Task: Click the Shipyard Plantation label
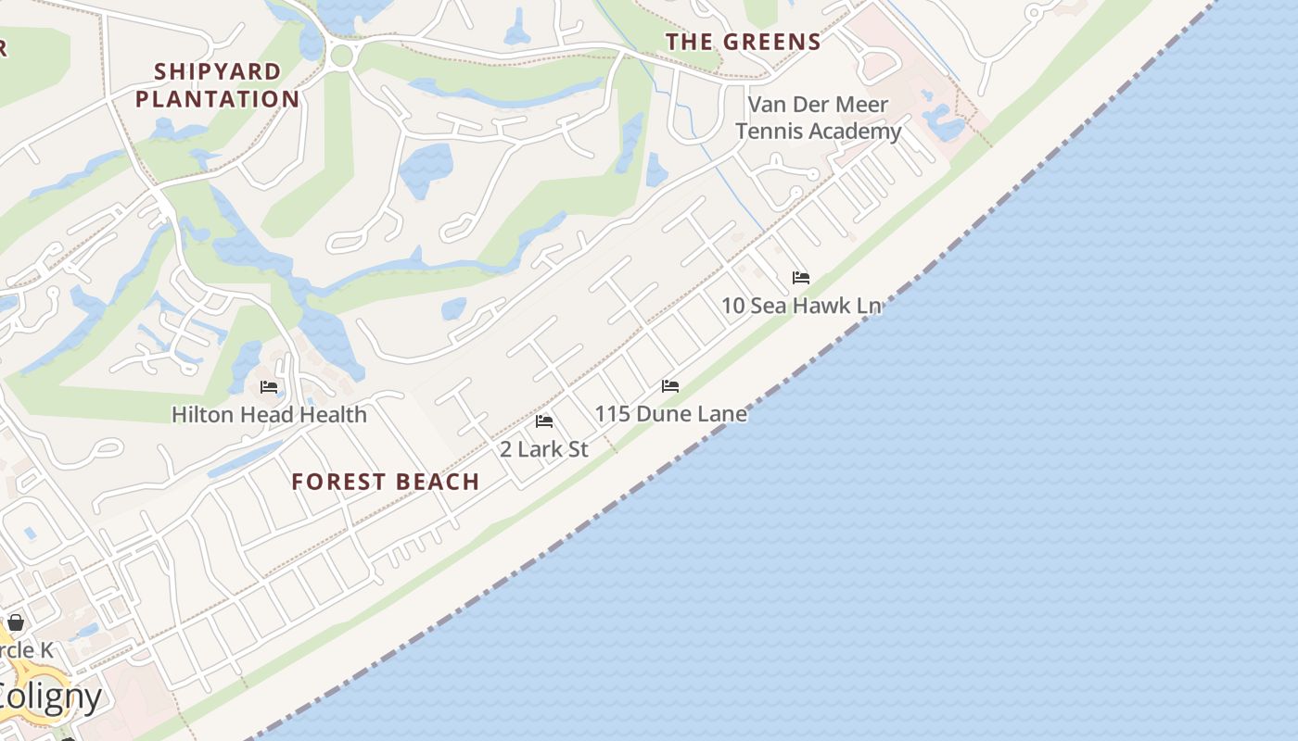[x=218, y=85]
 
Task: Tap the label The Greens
[x=744, y=42]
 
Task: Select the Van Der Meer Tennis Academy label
[x=818, y=118]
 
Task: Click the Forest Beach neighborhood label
[x=385, y=482]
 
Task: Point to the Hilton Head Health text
[x=269, y=414]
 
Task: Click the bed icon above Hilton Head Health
[x=269, y=386]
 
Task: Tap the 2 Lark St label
[x=544, y=449]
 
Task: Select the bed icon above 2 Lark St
[x=544, y=421]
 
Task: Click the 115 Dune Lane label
[x=670, y=413]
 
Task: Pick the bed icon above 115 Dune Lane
[x=670, y=385]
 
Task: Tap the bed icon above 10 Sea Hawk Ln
[x=801, y=277]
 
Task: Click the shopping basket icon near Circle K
[x=16, y=622]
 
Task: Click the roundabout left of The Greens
[x=341, y=56]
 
